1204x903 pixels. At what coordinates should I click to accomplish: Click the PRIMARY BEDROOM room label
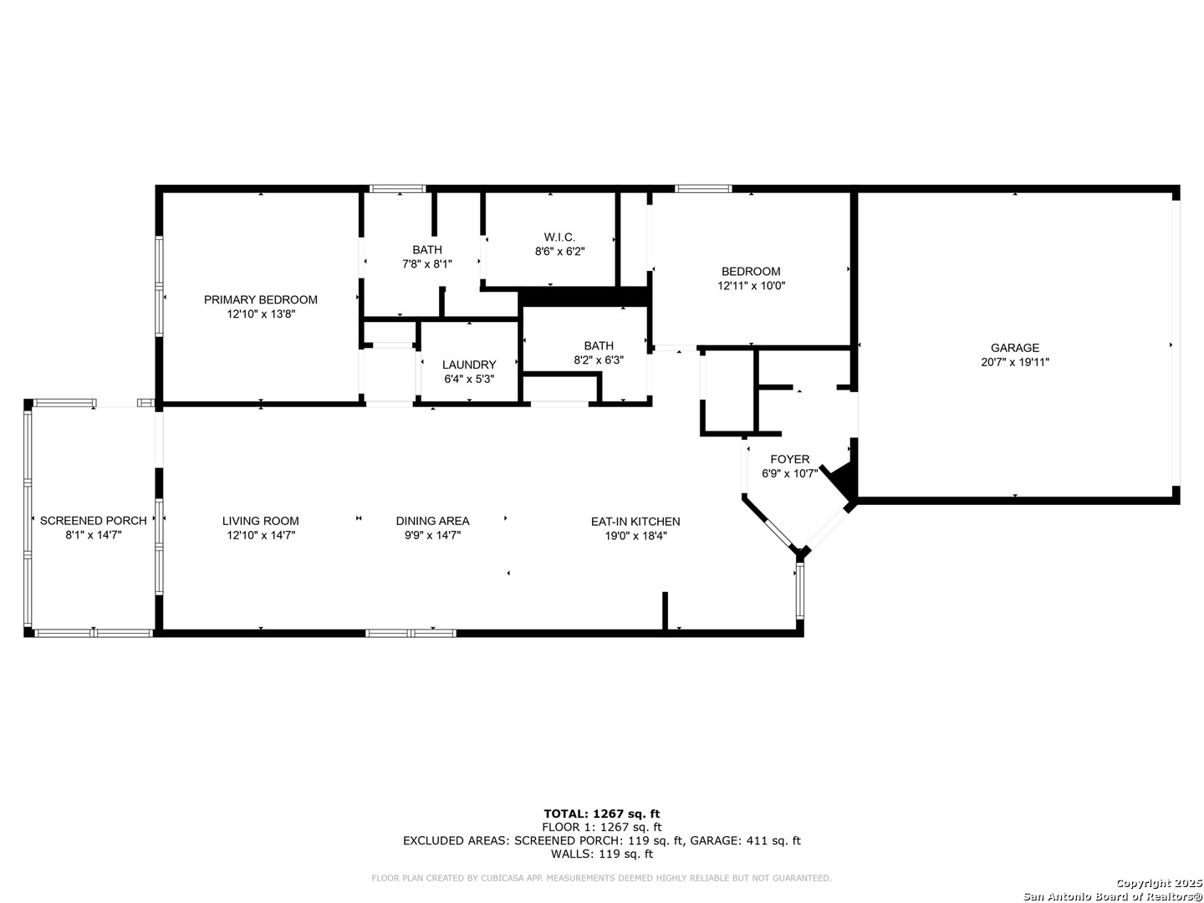click(x=261, y=300)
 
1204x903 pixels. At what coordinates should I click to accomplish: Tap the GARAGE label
click(x=1015, y=348)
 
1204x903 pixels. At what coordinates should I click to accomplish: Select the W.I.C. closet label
click(x=559, y=237)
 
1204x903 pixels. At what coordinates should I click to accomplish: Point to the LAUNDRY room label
click(x=469, y=365)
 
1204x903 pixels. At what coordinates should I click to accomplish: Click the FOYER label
click(x=790, y=460)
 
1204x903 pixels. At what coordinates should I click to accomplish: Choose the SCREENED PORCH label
click(x=94, y=521)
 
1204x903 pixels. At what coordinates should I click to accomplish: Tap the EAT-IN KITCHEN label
click(x=635, y=522)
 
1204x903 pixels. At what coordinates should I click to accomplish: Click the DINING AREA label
click(x=433, y=521)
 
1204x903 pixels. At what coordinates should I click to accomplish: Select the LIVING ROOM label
click(x=261, y=521)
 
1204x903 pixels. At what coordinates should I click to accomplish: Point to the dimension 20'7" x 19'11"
click(x=1015, y=362)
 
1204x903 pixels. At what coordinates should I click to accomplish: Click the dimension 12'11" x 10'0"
click(x=751, y=286)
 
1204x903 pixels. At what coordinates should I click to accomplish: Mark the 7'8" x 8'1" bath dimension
click(x=426, y=263)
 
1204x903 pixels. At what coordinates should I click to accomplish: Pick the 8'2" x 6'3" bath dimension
click(x=599, y=360)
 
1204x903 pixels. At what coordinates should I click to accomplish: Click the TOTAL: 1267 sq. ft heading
click(x=602, y=814)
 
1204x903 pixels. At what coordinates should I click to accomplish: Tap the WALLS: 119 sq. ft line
click(x=602, y=854)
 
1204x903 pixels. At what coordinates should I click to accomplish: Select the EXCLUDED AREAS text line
click(x=602, y=840)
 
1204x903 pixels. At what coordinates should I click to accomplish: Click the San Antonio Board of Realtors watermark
click(x=1112, y=896)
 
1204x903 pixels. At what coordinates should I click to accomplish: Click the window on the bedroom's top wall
click(x=702, y=189)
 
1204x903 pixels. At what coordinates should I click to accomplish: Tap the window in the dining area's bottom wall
click(x=411, y=633)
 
